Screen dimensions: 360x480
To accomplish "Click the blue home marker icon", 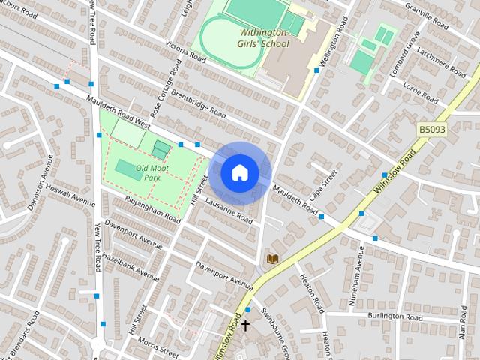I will tap(239, 173).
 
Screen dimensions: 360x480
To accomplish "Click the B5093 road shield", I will tap(432, 130).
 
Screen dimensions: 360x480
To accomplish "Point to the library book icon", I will tap(273, 259).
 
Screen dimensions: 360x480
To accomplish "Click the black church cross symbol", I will tap(245, 325).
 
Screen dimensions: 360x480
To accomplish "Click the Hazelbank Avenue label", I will tap(132, 265).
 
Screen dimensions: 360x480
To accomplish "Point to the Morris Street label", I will tap(158, 347).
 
